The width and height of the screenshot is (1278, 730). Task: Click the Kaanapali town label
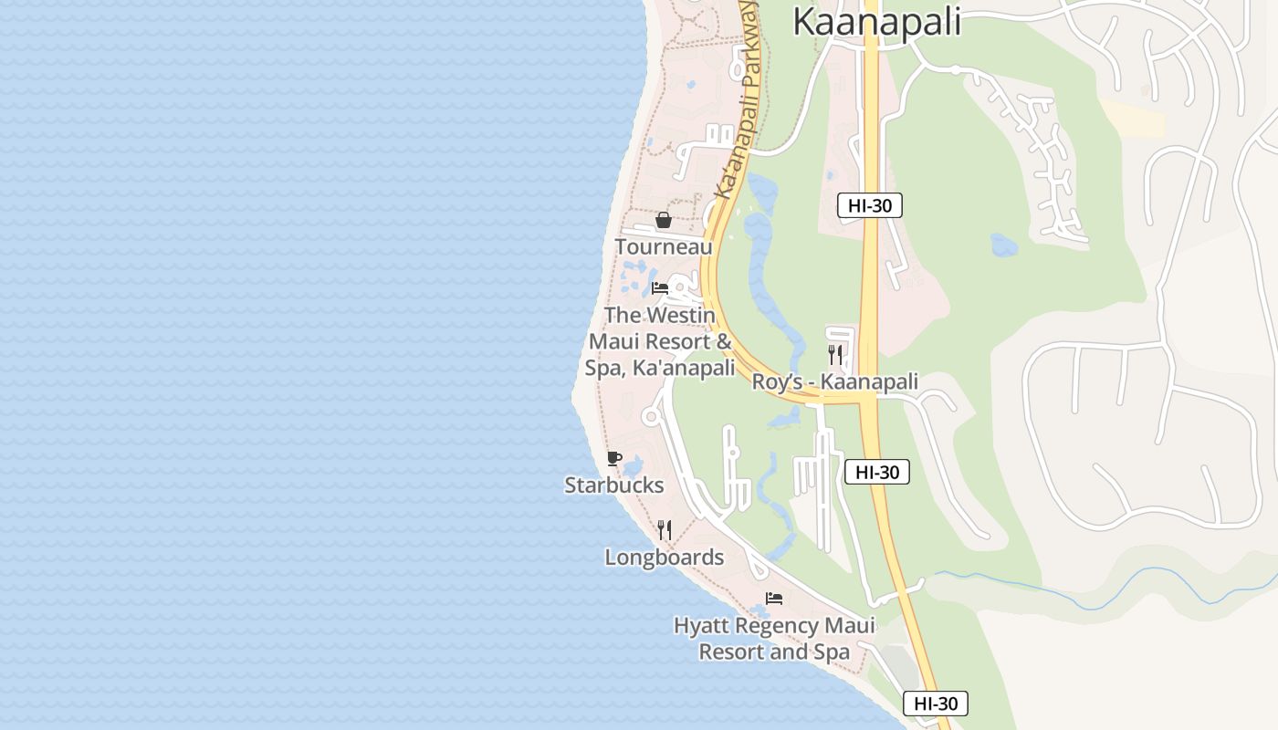coord(876,21)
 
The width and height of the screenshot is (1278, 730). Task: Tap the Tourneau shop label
coord(664,247)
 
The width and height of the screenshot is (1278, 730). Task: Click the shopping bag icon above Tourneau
coord(664,220)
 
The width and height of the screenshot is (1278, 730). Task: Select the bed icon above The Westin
coord(660,288)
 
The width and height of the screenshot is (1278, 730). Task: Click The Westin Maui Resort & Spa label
coord(661,341)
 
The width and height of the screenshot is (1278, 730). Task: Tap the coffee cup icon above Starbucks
coord(614,458)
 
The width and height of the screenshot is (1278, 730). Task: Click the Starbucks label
coord(614,485)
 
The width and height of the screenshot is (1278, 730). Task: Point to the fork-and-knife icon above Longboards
coord(665,529)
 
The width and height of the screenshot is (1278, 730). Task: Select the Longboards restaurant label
coord(665,558)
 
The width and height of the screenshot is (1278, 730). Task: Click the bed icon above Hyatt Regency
coord(774,599)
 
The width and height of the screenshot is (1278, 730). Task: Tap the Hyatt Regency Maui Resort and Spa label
coord(774,639)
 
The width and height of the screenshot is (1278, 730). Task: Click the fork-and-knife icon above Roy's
coord(835,354)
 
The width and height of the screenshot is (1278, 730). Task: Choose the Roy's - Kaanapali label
coord(834,381)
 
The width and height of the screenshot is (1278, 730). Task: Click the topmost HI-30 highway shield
coord(870,205)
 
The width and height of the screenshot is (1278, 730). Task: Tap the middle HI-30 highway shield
coord(877,472)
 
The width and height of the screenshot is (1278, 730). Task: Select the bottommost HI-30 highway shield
coord(936,704)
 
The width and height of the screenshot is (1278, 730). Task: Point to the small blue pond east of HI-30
coord(1004,245)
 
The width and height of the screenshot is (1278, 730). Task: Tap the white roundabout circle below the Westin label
coord(651,417)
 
